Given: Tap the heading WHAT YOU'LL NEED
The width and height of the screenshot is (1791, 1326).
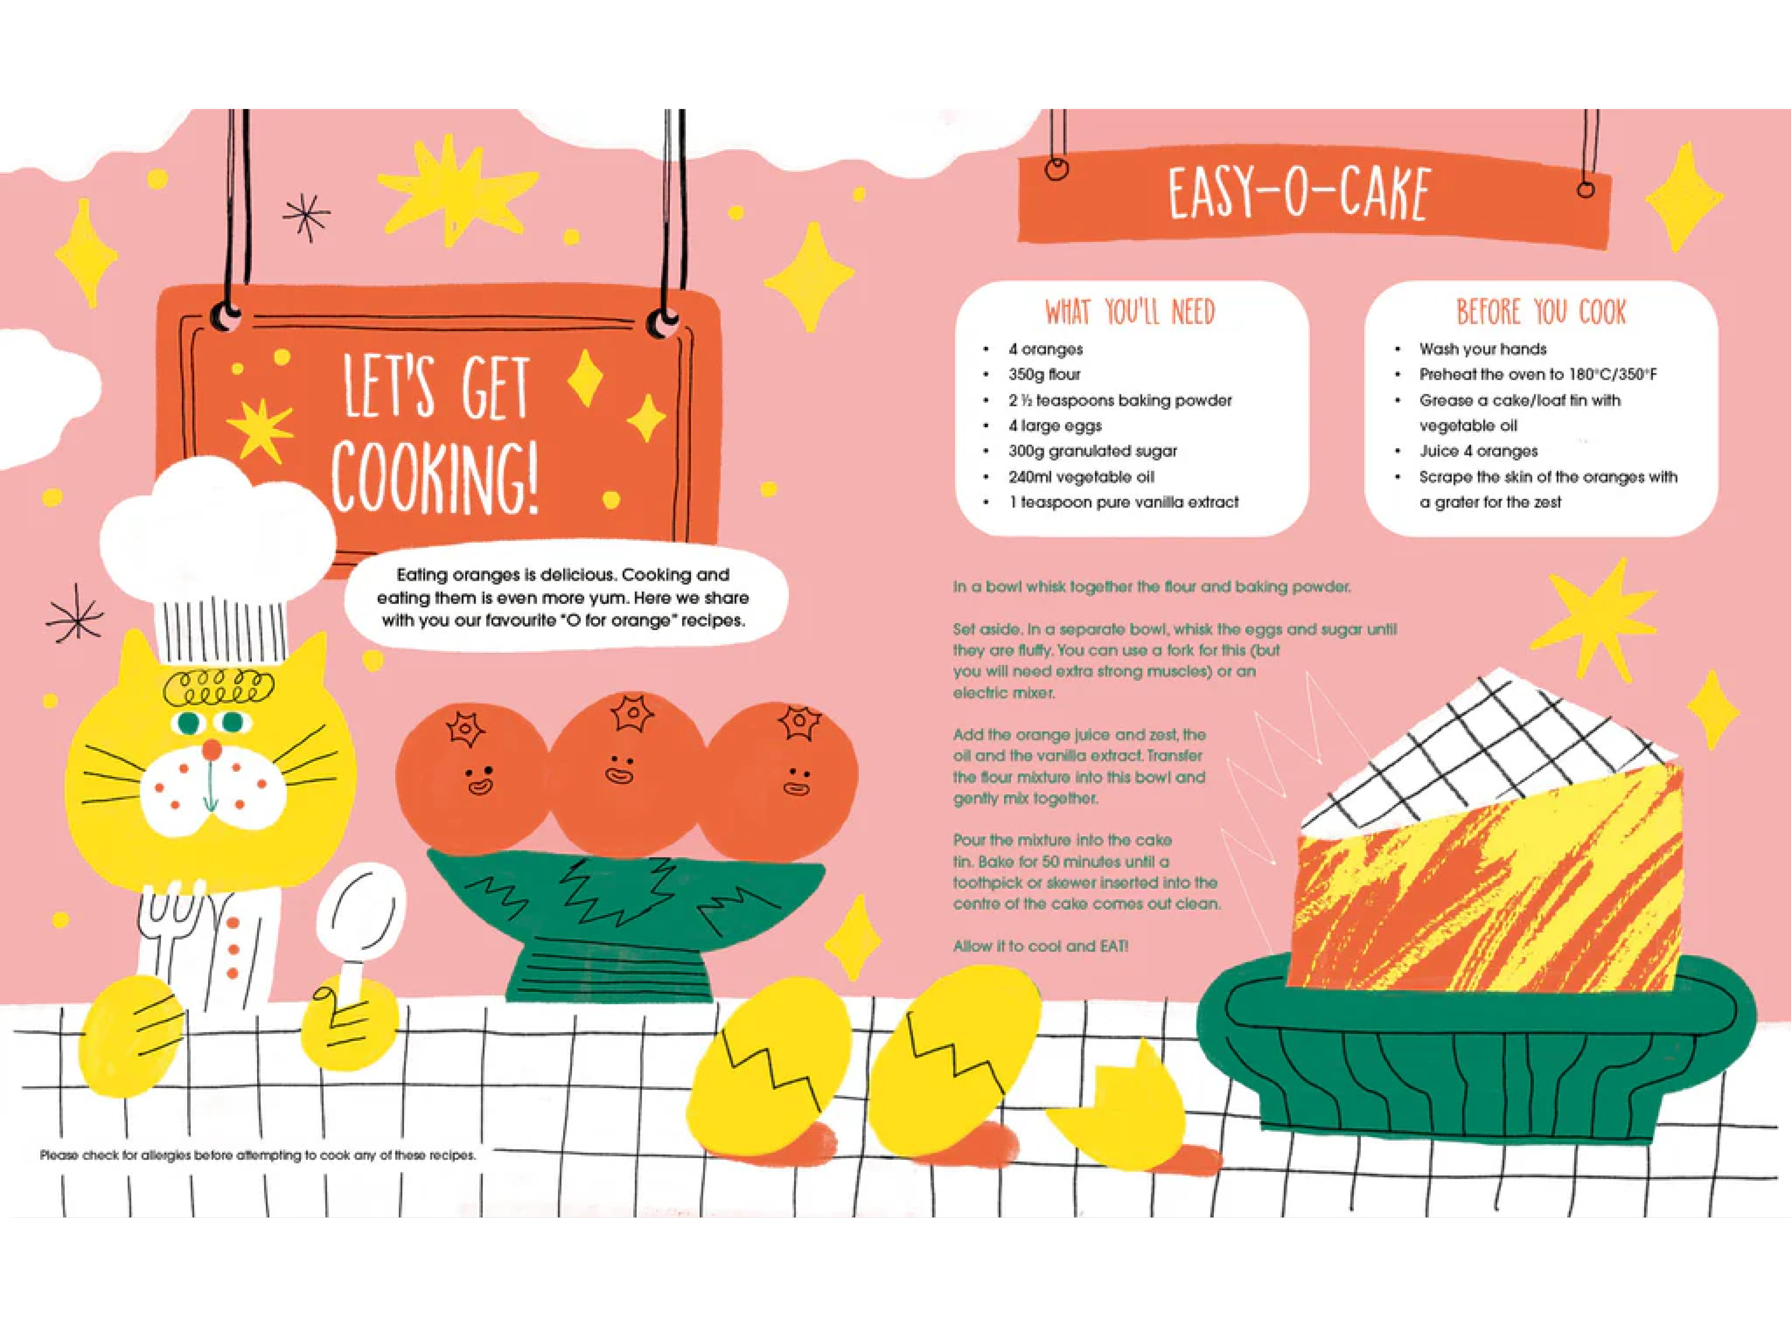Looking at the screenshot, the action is point(1130,312).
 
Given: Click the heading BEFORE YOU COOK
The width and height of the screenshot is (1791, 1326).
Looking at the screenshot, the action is point(1541,312).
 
